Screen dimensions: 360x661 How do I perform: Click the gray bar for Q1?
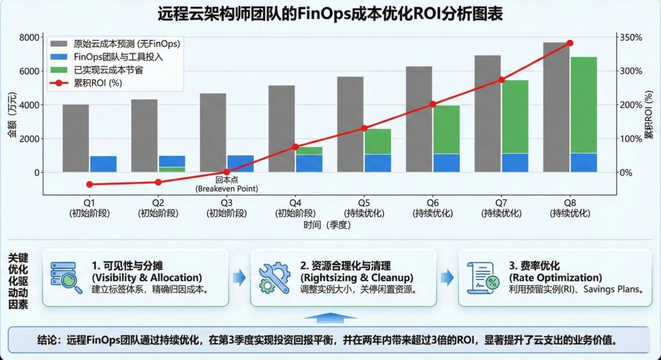pyautogui.click(x=76, y=138)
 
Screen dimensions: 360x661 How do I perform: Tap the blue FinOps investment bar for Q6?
pyautogui.click(x=446, y=163)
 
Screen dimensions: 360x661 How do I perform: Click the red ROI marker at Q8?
pyautogui.click(x=570, y=43)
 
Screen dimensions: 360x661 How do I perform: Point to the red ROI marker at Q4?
pyautogui.click(x=295, y=147)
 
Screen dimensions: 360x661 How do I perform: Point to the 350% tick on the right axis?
pyautogui.click(x=631, y=37)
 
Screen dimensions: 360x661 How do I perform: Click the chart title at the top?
pyautogui.click(x=330, y=14)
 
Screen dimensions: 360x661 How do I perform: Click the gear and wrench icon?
pyautogui.click(x=274, y=278)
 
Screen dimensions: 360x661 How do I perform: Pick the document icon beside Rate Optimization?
pyautogui.click(x=482, y=278)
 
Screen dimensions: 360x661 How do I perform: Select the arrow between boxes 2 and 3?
pyautogui.click(x=446, y=278)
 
